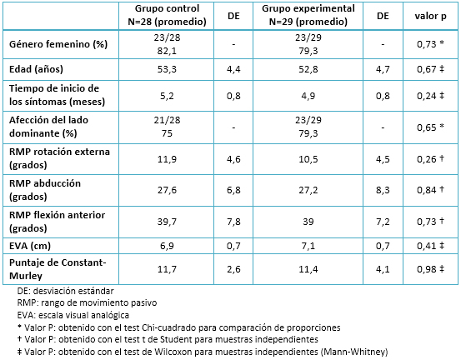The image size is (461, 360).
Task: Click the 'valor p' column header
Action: coord(430,16)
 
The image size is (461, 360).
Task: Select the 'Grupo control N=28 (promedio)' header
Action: coord(167,15)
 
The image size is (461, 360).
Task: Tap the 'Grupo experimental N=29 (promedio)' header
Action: coord(308,15)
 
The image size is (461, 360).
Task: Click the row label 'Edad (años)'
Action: coord(36,69)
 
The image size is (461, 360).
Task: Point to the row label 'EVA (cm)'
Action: coord(30,246)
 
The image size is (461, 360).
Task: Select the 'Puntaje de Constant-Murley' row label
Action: coord(58,269)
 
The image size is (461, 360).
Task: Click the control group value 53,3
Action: coord(167,69)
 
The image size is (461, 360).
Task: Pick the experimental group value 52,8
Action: coord(308,69)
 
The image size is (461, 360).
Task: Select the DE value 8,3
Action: coord(383,190)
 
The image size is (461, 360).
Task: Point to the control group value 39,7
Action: coord(167,222)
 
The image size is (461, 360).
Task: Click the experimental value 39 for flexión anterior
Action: coord(308,222)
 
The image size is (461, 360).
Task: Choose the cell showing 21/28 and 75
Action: coord(167,127)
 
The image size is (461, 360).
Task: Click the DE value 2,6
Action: coord(233,269)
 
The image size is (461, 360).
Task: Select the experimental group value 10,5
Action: coord(308,159)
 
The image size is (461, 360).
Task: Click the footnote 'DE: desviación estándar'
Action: coord(65,291)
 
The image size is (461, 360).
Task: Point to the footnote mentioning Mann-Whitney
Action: coord(203,352)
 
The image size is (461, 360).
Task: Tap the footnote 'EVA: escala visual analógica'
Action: coord(73,315)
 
